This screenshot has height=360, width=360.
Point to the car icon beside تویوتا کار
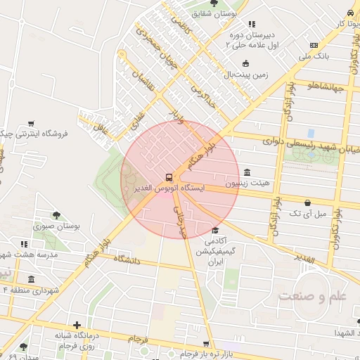click(x=349, y=13)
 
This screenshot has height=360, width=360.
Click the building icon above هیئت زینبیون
click(x=246, y=173)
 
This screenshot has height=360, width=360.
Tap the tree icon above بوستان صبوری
click(x=56, y=215)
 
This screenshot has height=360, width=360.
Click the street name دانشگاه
click(x=127, y=259)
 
